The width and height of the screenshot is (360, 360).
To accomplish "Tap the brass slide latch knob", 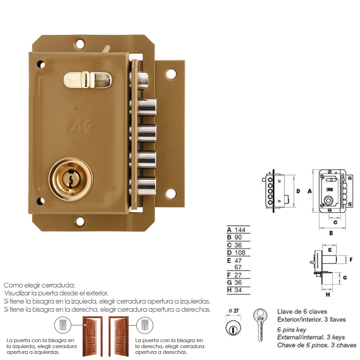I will click(86, 79).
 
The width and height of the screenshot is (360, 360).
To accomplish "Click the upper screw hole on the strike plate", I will click(171, 74).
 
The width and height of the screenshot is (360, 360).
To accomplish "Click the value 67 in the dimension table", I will click(238, 267).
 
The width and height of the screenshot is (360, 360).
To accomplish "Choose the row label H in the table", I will click(229, 290).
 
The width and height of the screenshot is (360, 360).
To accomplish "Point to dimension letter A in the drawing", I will click(309, 192).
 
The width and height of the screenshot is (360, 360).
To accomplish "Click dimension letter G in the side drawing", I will click(344, 278).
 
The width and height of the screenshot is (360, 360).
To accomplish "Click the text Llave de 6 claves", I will click(302, 311).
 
